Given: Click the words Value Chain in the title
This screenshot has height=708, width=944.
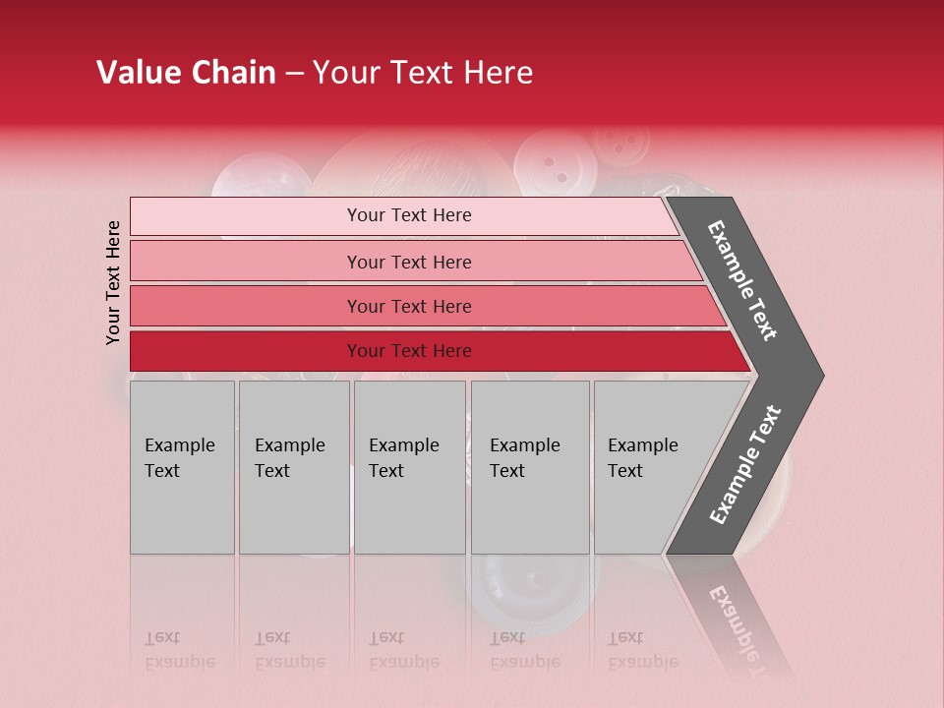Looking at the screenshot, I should tap(186, 73).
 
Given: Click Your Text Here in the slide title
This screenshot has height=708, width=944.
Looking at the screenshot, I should tap(423, 73).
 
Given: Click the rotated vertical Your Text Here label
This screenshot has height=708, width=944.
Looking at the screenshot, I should tap(113, 282).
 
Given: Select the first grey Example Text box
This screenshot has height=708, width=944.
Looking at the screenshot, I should tap(182, 467).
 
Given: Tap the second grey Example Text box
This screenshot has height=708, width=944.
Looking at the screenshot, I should tap(294, 467).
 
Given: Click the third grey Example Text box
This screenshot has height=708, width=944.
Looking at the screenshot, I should tap(409, 467).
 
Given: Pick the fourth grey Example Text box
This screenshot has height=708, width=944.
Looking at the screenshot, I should tap(530, 467).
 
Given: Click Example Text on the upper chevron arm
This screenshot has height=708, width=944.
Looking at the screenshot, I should tap(743, 280).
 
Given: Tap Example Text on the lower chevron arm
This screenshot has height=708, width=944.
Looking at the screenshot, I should tap(745, 465).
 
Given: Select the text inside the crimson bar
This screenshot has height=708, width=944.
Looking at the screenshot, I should tap(409, 351).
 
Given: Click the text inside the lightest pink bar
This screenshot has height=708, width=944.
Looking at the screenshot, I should tap(409, 215).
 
